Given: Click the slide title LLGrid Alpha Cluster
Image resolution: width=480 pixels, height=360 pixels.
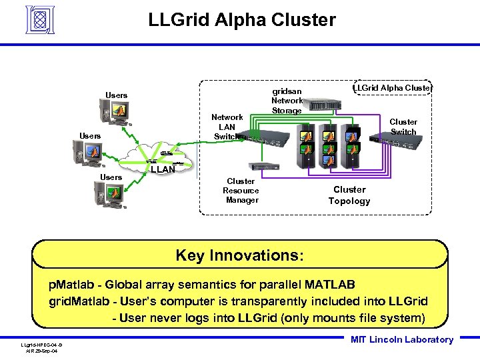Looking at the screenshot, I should [x=242, y=21].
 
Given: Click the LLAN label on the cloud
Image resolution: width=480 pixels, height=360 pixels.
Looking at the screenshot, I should [x=163, y=170].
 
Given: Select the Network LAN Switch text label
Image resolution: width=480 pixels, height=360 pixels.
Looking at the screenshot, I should [x=227, y=127].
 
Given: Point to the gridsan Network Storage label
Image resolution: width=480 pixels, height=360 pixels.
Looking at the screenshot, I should [x=286, y=101].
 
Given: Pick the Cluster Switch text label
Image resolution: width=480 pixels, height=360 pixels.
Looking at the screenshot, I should [x=403, y=127].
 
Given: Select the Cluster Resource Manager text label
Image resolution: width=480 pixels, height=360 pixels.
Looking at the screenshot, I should [x=241, y=191].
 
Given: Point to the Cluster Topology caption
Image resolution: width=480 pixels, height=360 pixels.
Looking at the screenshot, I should [x=349, y=195].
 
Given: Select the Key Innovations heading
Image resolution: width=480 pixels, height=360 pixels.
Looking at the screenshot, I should [x=239, y=255].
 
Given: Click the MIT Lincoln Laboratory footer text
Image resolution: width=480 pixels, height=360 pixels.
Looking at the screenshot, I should [x=401, y=340].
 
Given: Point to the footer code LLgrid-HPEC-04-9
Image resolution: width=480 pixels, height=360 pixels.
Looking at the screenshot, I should [x=41, y=345].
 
